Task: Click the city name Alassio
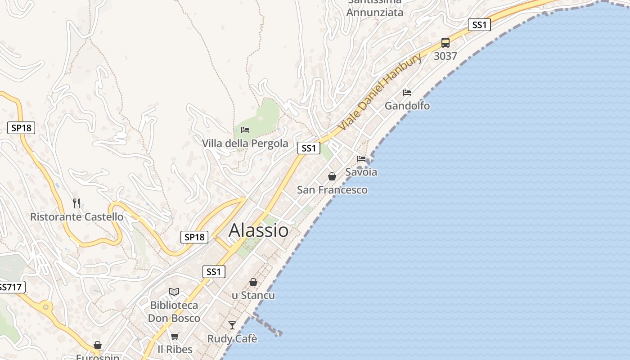click(x=259, y=230)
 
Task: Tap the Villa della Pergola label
click(x=245, y=144)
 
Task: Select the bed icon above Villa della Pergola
click(x=245, y=130)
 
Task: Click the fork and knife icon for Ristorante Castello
click(x=76, y=203)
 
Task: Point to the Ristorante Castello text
click(x=76, y=217)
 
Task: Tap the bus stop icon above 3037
click(x=445, y=43)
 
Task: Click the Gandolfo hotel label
click(x=407, y=106)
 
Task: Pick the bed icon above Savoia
click(x=361, y=158)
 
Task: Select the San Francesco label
click(x=332, y=190)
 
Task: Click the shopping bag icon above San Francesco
click(x=332, y=176)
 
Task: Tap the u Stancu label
click(x=253, y=296)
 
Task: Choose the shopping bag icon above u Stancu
click(x=253, y=282)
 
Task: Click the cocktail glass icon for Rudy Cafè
click(x=232, y=325)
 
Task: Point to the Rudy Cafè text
click(x=232, y=338)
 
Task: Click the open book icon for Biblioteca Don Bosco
click(x=174, y=292)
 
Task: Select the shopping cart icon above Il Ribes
click(x=175, y=336)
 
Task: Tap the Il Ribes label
click(x=175, y=349)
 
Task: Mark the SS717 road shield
click(x=11, y=287)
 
